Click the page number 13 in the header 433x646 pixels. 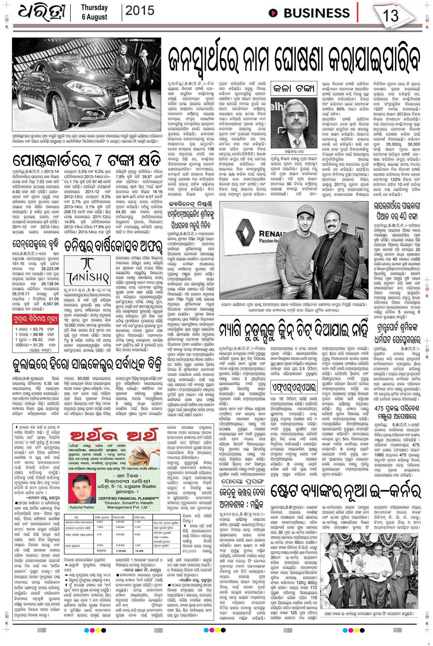(390, 15)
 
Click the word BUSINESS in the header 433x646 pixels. (316, 13)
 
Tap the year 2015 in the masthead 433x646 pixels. (140, 11)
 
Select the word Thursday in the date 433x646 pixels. (94, 7)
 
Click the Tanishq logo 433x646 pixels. (87, 271)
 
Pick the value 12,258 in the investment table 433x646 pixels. (139, 551)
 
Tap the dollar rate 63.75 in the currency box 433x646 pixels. (38, 329)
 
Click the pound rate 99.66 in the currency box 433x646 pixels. (38, 334)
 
